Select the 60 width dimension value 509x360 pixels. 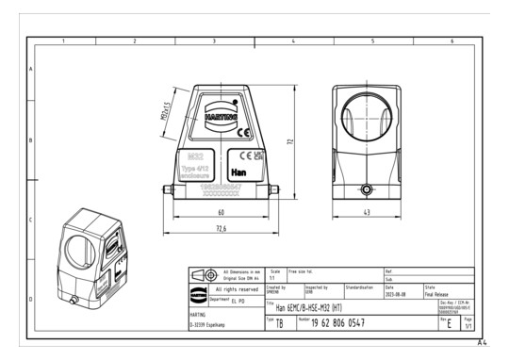click(221, 213)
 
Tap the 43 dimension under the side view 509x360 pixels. click(367, 213)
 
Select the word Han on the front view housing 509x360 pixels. click(239, 173)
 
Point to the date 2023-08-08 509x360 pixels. click(399, 293)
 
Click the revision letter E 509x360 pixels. click(446, 322)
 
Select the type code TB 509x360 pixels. click(280, 322)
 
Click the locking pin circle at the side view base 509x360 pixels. click(367, 188)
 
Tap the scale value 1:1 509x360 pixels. click(273, 278)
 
